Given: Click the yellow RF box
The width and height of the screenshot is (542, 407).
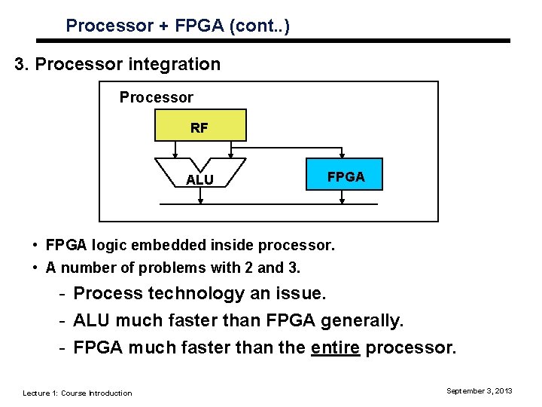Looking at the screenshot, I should tap(199, 126).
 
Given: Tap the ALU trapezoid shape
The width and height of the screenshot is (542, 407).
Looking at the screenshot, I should tap(199, 173).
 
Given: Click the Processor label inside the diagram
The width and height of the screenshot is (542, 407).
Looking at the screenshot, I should tap(156, 97).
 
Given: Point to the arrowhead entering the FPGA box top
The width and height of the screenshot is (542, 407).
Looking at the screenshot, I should tap(343, 155).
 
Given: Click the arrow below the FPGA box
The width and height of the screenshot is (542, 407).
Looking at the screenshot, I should tap(343, 197).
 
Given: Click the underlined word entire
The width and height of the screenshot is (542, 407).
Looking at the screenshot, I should tap(335, 348).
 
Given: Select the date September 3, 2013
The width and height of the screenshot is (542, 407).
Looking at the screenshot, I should tap(479, 390).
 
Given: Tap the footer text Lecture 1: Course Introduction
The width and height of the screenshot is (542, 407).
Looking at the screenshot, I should tap(77, 393).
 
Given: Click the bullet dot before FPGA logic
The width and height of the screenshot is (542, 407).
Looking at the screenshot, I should tap(35, 245).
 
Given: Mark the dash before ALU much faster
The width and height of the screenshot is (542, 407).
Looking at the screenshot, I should tap(65, 321).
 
